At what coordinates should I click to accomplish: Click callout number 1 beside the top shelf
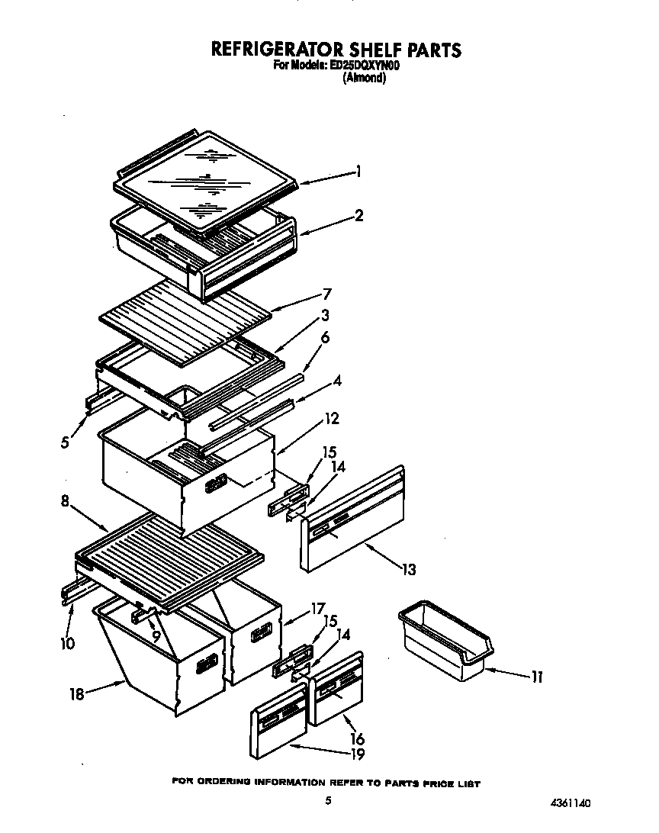(x=358, y=172)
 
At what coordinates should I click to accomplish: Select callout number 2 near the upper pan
(x=358, y=215)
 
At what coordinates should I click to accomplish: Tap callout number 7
(x=326, y=294)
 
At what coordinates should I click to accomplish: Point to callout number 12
(x=332, y=418)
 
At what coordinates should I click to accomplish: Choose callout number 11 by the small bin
(x=537, y=677)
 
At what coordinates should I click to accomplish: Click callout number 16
(x=357, y=738)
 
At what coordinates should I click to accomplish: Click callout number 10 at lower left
(x=67, y=643)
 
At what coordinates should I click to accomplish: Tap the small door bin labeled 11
(x=445, y=640)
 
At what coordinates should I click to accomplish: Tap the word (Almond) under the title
(x=364, y=78)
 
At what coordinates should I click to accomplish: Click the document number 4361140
(x=570, y=803)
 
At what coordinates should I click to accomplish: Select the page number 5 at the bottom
(x=328, y=800)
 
